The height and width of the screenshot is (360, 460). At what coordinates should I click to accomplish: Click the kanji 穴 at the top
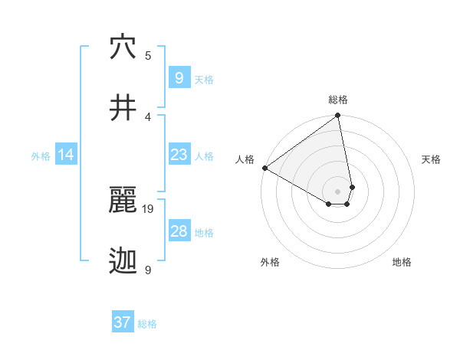coord(123,47)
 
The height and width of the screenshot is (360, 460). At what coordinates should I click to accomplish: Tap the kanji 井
coord(123,108)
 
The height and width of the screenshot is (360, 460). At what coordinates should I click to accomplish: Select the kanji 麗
coord(123,201)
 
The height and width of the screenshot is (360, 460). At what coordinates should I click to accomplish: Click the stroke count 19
coord(149,208)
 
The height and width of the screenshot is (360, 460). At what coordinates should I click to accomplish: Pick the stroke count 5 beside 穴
coord(148,56)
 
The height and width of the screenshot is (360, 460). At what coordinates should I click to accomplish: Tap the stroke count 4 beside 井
coord(148,116)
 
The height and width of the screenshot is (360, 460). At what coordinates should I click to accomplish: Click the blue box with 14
coord(66,155)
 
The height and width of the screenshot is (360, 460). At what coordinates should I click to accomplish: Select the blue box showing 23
coord(179,155)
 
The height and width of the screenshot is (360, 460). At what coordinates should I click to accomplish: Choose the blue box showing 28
coord(179,231)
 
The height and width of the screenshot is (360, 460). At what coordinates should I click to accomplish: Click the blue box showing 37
coord(122,322)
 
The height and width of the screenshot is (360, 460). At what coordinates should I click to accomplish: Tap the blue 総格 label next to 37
coord(147,324)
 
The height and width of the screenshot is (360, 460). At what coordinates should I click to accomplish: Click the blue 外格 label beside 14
coord(41,156)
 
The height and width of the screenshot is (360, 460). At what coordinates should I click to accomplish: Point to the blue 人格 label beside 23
coord(204,156)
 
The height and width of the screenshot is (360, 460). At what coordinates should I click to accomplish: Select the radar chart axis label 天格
coord(431,160)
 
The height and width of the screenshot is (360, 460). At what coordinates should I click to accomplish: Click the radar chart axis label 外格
coord(270,263)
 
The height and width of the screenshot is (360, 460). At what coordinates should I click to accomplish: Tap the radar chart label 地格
coord(402,263)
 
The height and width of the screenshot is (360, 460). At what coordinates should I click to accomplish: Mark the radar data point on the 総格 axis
coord(338,116)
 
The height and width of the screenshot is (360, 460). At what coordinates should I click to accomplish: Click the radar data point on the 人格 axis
coord(264,168)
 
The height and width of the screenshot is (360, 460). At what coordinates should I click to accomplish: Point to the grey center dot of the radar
coord(338,191)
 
